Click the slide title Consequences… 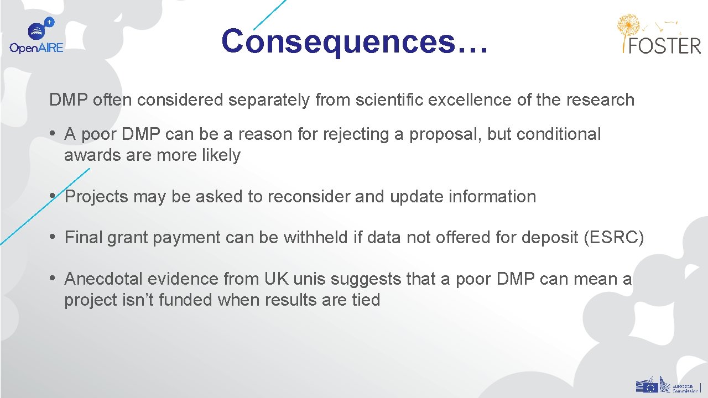[355, 41]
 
